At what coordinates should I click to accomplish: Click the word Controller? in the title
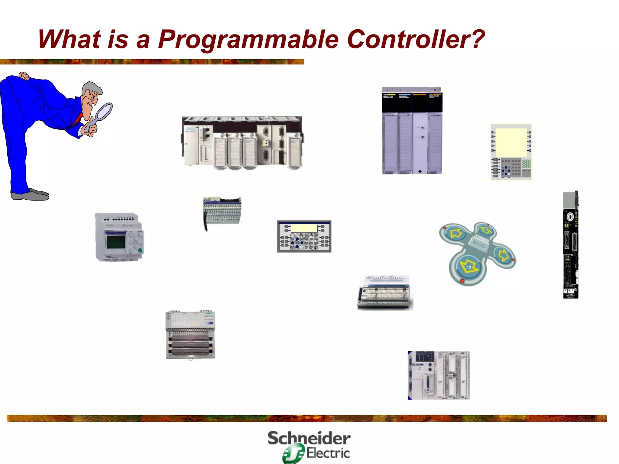point(416,39)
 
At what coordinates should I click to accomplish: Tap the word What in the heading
point(69,39)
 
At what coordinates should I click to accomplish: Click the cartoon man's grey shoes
point(30,195)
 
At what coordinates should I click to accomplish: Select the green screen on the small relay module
point(116,241)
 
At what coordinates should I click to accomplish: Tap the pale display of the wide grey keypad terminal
point(304,228)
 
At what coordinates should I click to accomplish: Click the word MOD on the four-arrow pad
point(479,244)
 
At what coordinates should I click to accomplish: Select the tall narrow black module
point(570,245)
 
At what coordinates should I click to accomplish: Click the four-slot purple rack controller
point(412,131)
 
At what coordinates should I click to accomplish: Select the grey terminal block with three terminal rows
point(190,335)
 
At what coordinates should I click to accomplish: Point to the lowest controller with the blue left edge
point(439,375)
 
